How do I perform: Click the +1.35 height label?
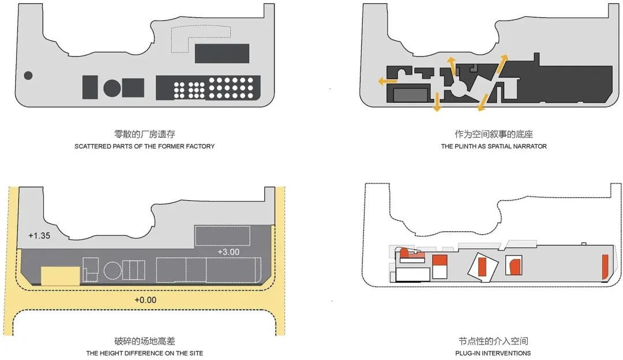tap(39, 235)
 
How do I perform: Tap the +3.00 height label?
tap(228, 252)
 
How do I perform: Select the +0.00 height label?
tap(145, 300)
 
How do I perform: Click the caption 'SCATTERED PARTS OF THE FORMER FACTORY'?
tap(145, 146)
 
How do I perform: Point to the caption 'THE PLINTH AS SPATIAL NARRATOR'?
tap(494, 146)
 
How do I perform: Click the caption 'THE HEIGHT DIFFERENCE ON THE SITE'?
tap(145, 353)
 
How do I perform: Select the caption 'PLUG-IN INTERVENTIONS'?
tap(493, 353)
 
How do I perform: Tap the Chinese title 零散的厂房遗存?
tap(145, 134)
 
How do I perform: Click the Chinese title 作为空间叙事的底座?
tap(494, 134)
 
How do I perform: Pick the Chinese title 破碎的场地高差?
tap(145, 341)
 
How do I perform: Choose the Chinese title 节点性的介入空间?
tap(493, 341)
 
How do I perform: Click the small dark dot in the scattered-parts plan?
tap(28, 75)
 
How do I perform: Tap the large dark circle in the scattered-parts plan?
tap(112, 88)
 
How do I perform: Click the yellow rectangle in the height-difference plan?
tap(61, 276)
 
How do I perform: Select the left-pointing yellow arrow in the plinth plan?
tap(388, 81)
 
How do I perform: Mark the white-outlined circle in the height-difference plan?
tap(112, 271)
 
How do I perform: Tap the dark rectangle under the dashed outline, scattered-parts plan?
tap(222, 53)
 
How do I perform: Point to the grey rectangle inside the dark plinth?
tap(411, 95)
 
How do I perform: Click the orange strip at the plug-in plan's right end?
tap(605, 266)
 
